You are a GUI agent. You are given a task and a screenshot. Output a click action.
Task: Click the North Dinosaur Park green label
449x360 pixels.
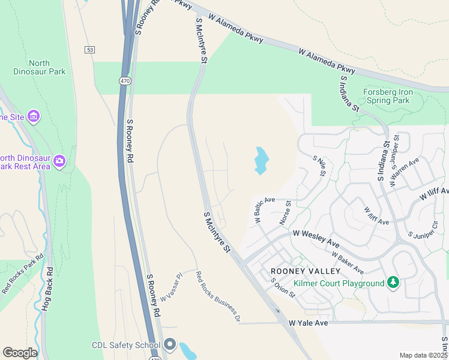click(40, 67)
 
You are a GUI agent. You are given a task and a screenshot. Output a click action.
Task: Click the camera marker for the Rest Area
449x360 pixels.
click(59, 161)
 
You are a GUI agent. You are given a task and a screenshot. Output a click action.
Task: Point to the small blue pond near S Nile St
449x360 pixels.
click(261, 160)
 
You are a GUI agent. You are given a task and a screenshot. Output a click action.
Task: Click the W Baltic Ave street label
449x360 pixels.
click(264, 211)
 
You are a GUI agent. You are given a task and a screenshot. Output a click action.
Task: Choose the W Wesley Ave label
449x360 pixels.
click(316, 237)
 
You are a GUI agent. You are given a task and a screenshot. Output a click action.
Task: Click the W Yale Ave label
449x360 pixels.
click(309, 323)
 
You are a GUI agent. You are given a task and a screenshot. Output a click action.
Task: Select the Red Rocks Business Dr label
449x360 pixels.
click(218, 296)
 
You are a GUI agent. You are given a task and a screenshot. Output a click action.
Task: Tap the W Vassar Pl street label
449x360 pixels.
click(170, 289)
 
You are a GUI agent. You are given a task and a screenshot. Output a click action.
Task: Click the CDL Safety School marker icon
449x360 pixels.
click(169, 345)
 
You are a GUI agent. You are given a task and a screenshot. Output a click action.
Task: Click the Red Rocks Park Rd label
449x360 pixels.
click(23, 274)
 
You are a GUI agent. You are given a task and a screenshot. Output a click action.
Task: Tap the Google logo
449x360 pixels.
click(20, 352)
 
